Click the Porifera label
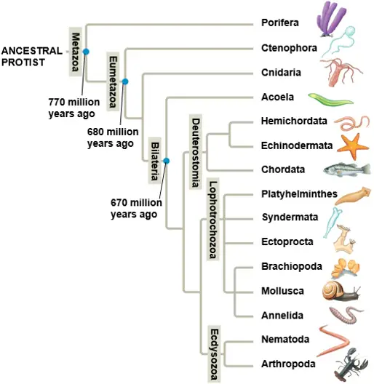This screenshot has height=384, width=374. [280, 23]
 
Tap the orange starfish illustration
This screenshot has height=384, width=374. [353, 146]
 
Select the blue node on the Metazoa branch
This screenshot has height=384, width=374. [86, 52]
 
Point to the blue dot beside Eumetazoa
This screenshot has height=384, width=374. [125, 81]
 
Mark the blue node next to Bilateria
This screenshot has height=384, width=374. [167, 161]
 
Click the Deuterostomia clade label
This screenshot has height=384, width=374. [196, 152]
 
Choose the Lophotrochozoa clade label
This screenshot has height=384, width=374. [212, 220]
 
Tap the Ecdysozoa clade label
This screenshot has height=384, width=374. [214, 354]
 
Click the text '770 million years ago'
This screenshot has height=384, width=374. [73, 108]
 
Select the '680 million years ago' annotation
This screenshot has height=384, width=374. [113, 137]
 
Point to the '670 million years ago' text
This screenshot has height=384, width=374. [136, 209]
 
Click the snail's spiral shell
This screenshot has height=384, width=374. [332, 290]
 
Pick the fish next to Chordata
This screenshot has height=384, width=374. [347, 169]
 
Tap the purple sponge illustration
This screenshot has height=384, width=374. [331, 19]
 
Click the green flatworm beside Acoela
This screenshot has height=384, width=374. [330, 100]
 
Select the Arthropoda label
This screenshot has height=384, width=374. [288, 364]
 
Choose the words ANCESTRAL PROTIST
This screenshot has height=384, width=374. [32, 57]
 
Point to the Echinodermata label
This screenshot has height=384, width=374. [297, 145]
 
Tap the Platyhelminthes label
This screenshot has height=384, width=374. [299, 194]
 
